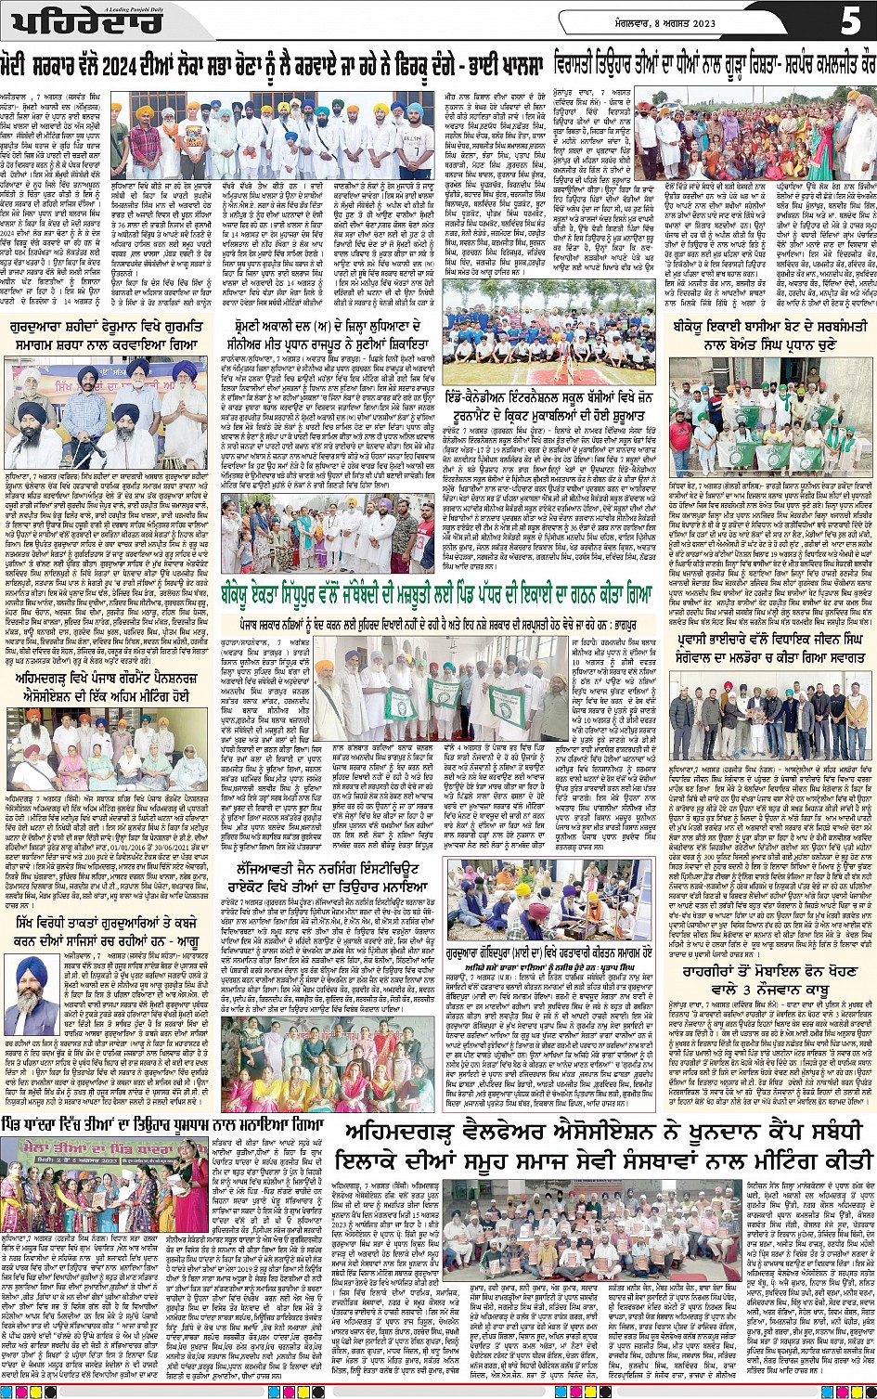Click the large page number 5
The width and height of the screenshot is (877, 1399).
coord(850,20)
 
